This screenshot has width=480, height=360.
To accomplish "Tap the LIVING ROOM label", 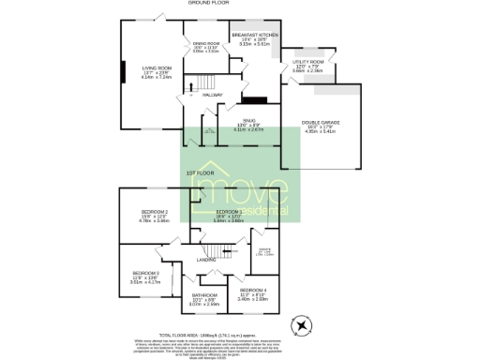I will [157, 67].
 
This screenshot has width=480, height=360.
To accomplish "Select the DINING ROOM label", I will [206, 44].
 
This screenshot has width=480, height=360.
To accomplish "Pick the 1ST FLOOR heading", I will [196, 174].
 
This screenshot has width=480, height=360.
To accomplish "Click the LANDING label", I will [207, 260].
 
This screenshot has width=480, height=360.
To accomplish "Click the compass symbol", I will [303, 324].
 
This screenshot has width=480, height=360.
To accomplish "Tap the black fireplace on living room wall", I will [122, 74].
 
